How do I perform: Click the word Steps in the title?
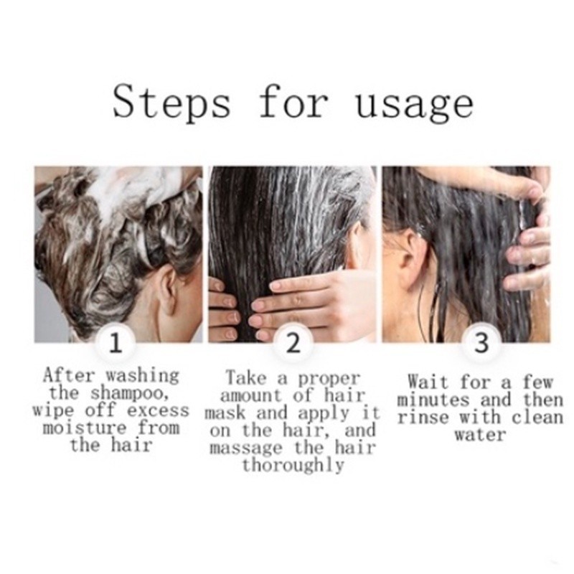coord(171,101)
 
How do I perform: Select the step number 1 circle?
coord(116,344)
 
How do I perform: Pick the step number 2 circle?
coord(293,344)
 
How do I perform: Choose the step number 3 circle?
coord(481,344)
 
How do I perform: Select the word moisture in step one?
coord(85,428)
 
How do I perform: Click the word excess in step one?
coord(158,410)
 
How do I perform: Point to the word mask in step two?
coord(225,413)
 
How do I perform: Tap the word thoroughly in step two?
coord(293,466)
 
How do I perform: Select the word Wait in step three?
coord(428,382)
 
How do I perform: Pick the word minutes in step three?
coord(433,400)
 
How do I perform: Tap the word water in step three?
coord(480,436)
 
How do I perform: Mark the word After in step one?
coord(69,375)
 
